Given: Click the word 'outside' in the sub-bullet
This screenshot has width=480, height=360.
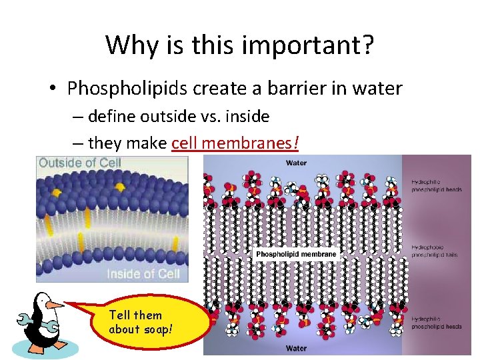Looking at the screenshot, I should pos(165,116).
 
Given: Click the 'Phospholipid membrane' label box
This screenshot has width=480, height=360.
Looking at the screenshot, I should pos(297,254).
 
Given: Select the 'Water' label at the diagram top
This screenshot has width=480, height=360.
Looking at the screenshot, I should pos(296,163).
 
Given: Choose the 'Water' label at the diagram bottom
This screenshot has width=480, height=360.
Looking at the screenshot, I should pos(296,347).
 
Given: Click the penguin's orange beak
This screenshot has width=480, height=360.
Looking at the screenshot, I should pos(54,305).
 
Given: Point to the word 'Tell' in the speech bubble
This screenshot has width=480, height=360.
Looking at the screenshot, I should pos(121,315).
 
